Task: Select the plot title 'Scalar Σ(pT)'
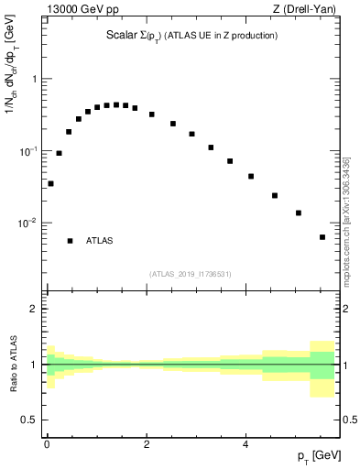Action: (189, 36)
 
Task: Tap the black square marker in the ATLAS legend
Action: (70, 241)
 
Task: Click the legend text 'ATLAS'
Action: (100, 241)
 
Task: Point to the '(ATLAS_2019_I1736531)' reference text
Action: (191, 274)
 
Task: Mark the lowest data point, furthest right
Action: (322, 237)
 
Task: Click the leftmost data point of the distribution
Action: (50, 183)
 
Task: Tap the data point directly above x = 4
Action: (251, 176)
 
